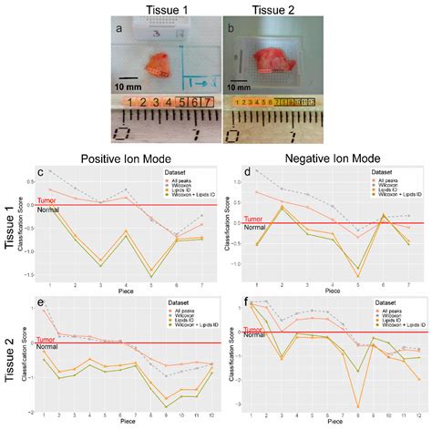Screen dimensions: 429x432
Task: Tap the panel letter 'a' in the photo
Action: tap(118, 28)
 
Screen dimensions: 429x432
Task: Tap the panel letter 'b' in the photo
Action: tap(232, 28)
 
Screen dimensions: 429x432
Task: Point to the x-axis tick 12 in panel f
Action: tap(418, 414)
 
